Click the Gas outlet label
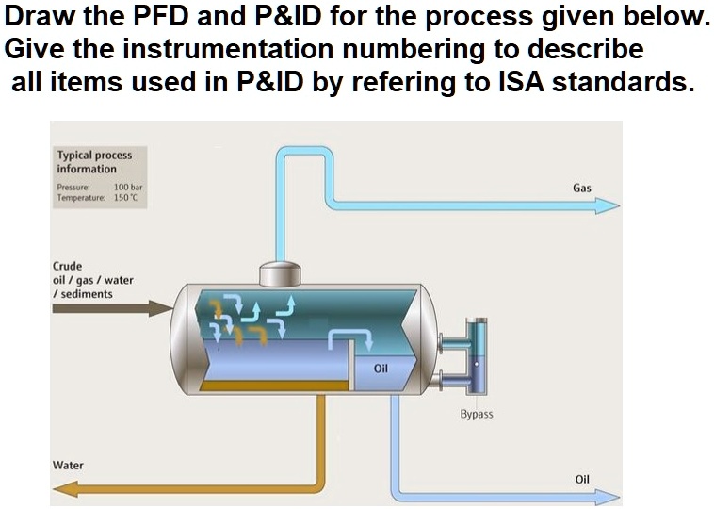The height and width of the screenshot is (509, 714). pyautogui.click(x=581, y=189)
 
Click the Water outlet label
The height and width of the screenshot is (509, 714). pyautogui.click(x=68, y=466)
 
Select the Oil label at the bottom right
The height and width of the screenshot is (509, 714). pyautogui.click(x=581, y=480)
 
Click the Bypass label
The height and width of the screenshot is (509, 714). pyautogui.click(x=476, y=414)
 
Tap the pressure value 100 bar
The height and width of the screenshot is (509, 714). pyautogui.click(x=127, y=188)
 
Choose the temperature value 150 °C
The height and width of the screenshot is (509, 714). pyautogui.click(x=125, y=198)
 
